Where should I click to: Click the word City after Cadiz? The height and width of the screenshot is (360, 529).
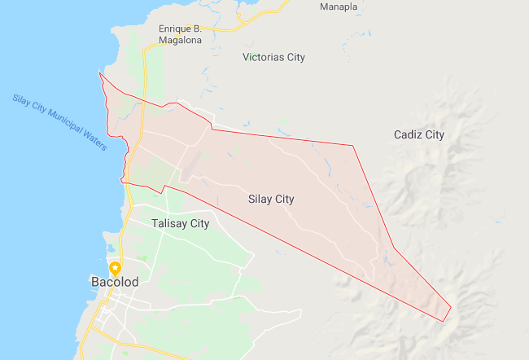[435, 134]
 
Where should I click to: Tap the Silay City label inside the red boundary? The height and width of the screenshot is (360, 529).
[271, 199]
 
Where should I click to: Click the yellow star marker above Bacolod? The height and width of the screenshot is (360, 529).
[116, 267]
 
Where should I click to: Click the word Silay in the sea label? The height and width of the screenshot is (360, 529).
[20, 100]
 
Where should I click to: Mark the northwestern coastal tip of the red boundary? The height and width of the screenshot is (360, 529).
[99, 73]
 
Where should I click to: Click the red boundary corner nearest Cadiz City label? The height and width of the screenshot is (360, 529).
[353, 146]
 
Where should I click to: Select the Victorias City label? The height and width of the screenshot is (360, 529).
[274, 58]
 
